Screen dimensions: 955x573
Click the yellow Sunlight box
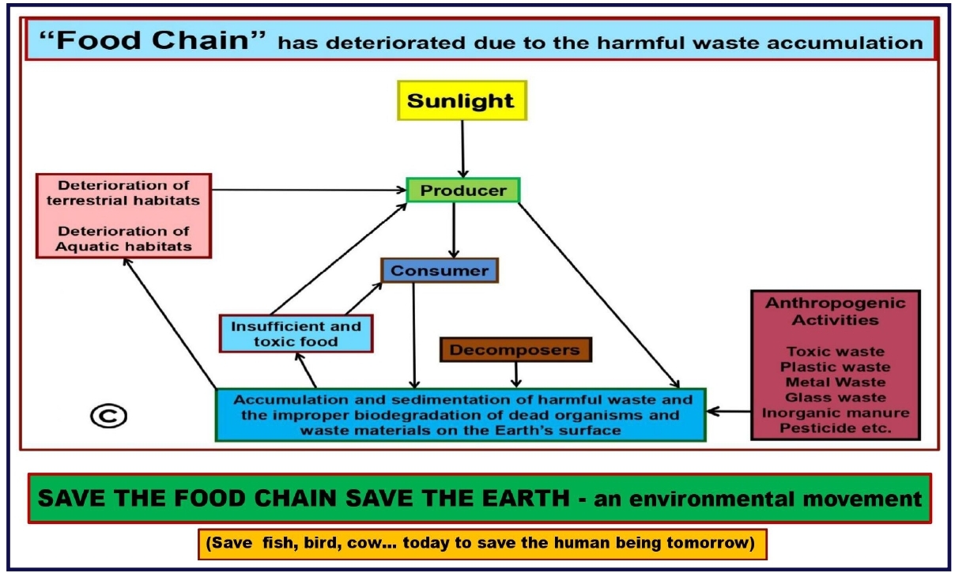pos(462,100)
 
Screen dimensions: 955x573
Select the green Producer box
pos(463,190)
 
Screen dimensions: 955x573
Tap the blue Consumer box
pos(440,270)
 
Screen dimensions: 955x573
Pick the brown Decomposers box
pos(516,349)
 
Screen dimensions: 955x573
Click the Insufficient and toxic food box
pos(296,334)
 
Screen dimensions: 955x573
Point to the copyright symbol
pos(109,416)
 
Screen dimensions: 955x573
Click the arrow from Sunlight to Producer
pos(462,149)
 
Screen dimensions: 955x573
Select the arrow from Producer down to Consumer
pos(454,230)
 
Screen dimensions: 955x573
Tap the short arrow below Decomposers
pos(516,375)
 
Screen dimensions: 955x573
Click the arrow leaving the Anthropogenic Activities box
pos(729,412)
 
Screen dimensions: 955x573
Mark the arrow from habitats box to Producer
pos(308,190)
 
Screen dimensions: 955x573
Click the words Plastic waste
pos(835,367)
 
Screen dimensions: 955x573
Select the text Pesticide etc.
pos(835,428)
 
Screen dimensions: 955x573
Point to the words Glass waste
pos(835,398)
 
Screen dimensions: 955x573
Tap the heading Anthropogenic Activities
pos(835,311)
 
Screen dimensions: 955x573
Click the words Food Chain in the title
pos(153,40)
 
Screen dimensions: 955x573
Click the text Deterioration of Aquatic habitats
pos(123,239)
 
